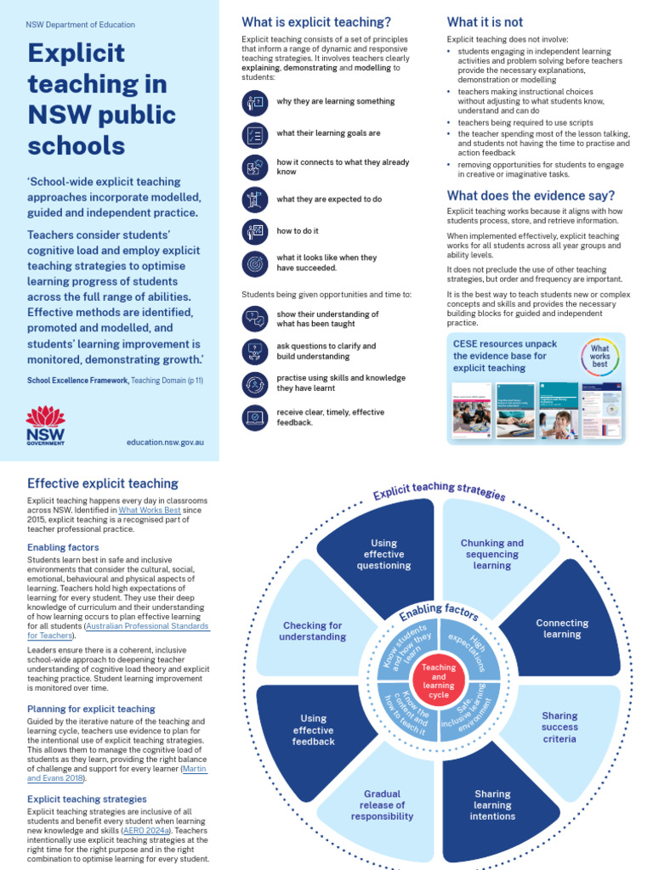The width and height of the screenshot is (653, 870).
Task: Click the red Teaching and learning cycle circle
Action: [439, 681]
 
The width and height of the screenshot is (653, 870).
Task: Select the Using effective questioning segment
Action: [383, 554]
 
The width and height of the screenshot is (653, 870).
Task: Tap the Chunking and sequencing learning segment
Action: [491, 554]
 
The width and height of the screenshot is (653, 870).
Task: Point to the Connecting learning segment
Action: [562, 629]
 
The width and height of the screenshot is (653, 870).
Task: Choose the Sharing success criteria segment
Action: [559, 727]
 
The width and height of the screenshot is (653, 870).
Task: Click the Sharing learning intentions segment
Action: [492, 805]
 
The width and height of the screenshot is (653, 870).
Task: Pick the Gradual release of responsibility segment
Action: [382, 805]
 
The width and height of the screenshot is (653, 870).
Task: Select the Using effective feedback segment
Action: [314, 730]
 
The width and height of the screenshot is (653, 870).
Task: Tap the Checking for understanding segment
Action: [314, 631]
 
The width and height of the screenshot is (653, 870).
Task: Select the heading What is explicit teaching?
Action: [316, 22]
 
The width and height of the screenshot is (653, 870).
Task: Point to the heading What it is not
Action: [485, 22]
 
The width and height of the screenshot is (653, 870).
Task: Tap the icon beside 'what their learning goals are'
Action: [254, 134]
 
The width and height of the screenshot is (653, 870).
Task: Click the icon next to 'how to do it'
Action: [254, 230]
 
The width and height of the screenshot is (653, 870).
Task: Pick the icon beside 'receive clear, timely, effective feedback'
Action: [254, 417]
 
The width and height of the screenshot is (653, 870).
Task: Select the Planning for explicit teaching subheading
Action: [91, 709]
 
